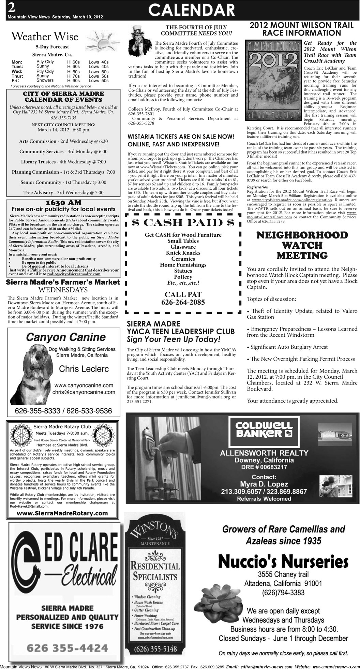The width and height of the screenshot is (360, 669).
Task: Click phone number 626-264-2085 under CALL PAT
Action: (183, 302)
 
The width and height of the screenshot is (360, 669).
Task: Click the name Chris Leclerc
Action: (84, 369)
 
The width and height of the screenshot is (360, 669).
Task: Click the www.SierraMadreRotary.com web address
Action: (62, 513)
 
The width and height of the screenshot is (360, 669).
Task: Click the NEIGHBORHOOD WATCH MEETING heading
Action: (302, 245)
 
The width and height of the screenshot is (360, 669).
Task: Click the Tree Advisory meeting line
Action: (63, 193)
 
